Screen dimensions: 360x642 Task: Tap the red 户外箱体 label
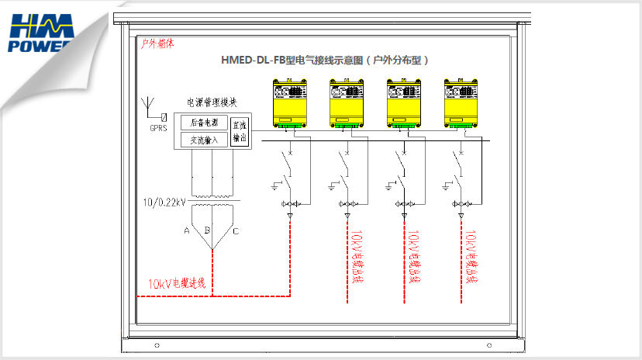pyautogui.click(x=157, y=44)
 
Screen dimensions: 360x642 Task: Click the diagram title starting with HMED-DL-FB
pyautogui.click(x=325, y=60)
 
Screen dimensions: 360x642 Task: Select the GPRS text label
pyautogui.click(x=158, y=129)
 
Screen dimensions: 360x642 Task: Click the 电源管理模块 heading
pyautogui.click(x=212, y=102)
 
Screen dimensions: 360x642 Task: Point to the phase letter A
pyautogui.click(x=186, y=231)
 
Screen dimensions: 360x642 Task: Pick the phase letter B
pyautogui.click(x=207, y=230)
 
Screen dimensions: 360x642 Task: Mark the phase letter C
pyautogui.click(x=236, y=231)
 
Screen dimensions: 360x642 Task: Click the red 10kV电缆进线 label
pyautogui.click(x=177, y=284)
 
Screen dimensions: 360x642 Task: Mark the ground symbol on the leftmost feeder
pyautogui.click(x=275, y=186)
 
